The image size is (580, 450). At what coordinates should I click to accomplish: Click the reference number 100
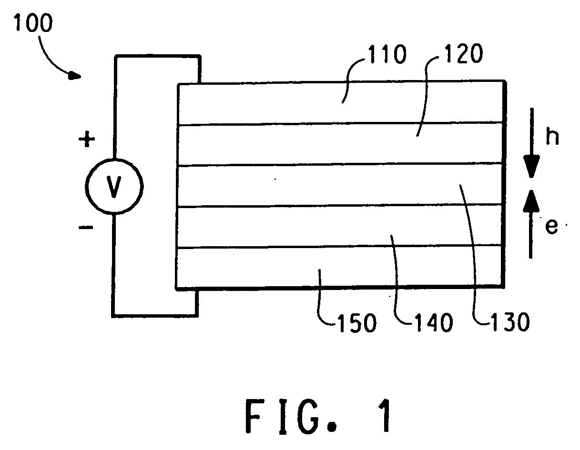[x=33, y=23]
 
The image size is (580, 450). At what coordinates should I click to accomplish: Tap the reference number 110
[x=387, y=54]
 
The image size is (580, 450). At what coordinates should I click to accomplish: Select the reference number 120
[x=464, y=54]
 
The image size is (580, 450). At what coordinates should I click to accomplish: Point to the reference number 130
[x=510, y=322]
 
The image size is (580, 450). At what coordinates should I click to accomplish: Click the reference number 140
[x=434, y=322]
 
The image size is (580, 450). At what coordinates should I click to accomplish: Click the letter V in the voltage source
[x=114, y=187]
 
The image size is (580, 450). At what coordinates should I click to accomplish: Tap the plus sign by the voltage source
[x=87, y=139]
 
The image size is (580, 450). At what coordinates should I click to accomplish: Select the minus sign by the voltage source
[x=86, y=228]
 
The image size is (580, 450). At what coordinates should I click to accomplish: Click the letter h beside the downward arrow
[x=552, y=137]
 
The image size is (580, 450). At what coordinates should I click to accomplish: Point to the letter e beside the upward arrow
[x=551, y=227]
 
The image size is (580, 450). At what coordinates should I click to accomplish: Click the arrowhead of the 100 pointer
[x=75, y=76]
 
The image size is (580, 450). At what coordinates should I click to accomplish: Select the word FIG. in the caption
[x=290, y=416]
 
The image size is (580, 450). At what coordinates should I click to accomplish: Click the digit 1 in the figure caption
[x=386, y=416]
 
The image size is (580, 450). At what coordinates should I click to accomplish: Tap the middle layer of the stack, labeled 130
[x=340, y=185]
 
